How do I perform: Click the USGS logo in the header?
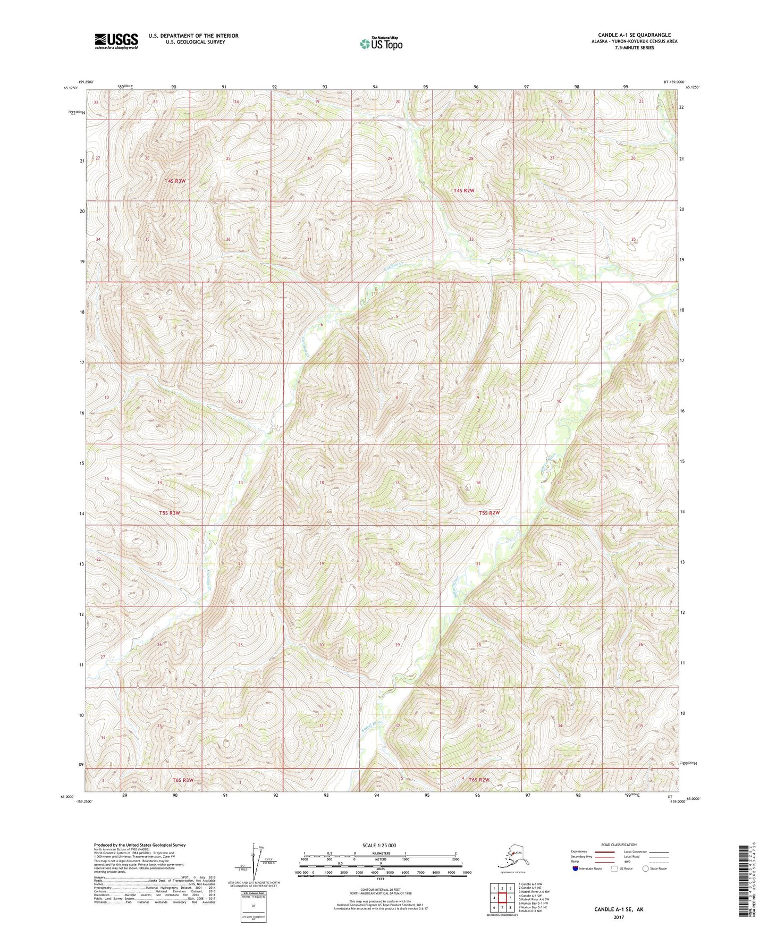click(x=116, y=41)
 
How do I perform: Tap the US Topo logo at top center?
click(x=381, y=43)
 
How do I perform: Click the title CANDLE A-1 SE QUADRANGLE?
click(x=627, y=35)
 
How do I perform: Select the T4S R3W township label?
click(x=176, y=181)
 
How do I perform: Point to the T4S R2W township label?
click(x=463, y=190)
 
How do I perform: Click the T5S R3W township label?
click(x=170, y=513)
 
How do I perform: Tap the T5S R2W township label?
click(x=489, y=513)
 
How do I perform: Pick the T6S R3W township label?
click(x=183, y=780)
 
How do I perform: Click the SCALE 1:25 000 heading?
click(x=379, y=845)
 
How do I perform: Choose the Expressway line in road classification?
click(x=605, y=851)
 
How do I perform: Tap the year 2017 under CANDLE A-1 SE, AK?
click(x=618, y=917)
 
